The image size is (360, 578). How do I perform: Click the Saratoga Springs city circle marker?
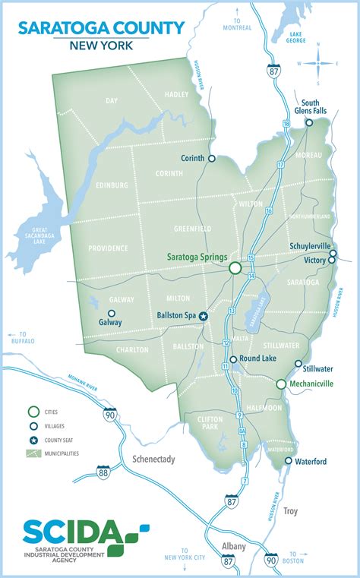pyautogui.click(x=235, y=267)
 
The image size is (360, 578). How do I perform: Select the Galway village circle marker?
pyautogui.click(x=112, y=313)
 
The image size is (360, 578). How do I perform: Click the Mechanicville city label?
pyautogui.click(x=313, y=384)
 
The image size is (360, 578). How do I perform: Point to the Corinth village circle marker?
pyautogui.click(x=212, y=159)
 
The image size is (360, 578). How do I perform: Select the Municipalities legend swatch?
pyautogui.click(x=34, y=453)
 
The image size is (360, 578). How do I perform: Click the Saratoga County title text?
pyautogui.click(x=101, y=28)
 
